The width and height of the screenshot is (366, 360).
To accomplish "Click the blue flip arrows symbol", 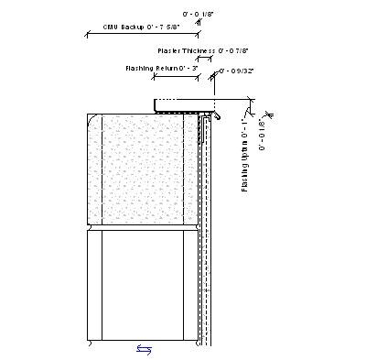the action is click(x=145, y=348).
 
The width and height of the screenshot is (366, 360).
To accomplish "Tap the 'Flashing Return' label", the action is click(x=150, y=68).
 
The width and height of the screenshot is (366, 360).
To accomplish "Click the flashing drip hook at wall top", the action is click(x=219, y=116).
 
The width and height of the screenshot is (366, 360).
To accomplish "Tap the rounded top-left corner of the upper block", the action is click(x=94, y=119).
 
